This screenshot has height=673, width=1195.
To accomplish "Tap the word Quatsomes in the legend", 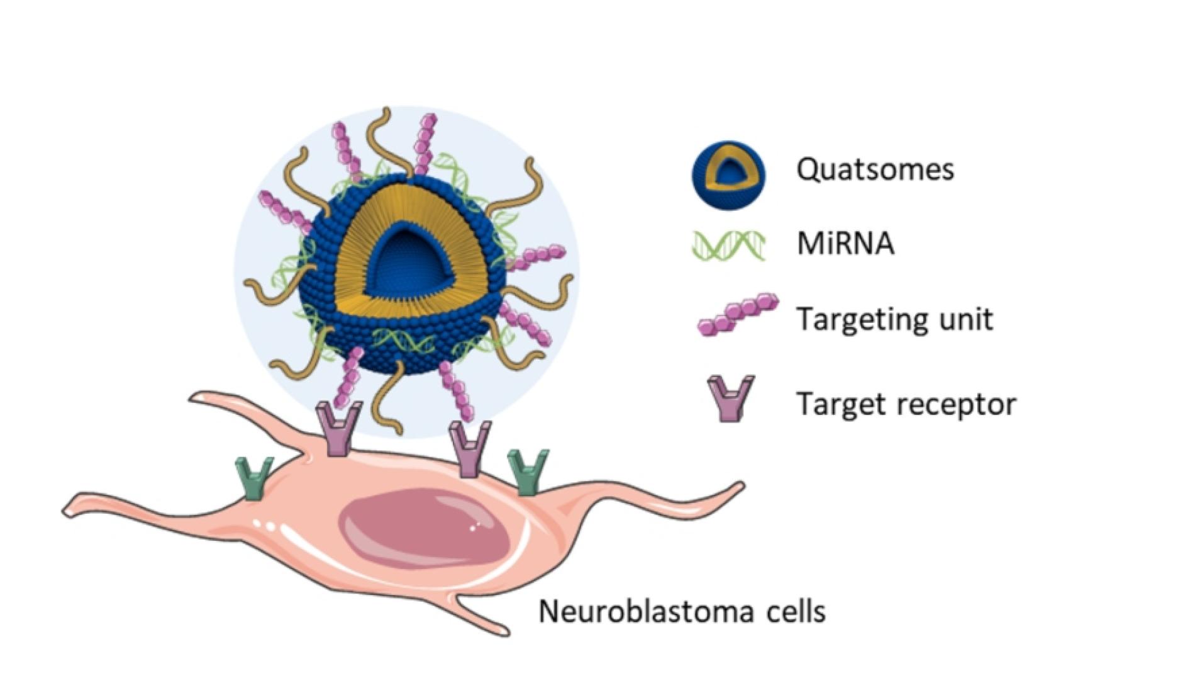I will tap(875, 169).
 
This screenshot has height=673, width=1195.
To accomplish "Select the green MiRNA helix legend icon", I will tap(728, 245).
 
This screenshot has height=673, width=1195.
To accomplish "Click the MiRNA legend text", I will tap(845, 244).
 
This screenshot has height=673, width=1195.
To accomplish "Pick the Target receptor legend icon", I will tap(730, 399).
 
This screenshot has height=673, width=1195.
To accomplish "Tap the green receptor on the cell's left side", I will tap(254, 477).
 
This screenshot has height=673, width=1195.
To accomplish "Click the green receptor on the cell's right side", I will tap(528, 471).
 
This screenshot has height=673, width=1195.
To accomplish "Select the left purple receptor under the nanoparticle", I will tap(338, 429).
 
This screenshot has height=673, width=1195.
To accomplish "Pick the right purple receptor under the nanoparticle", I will tap(470, 448).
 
